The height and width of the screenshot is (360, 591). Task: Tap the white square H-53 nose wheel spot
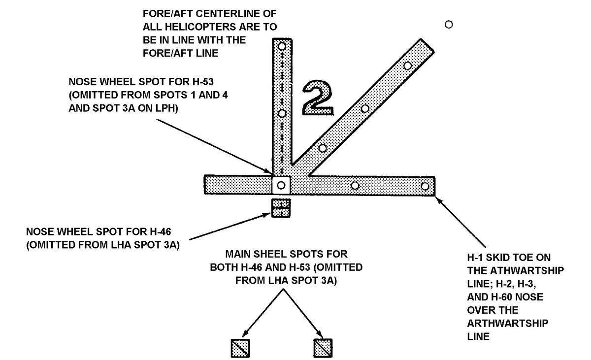281,185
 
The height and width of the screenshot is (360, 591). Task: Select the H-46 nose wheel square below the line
281,207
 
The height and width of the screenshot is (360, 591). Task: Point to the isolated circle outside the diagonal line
448,24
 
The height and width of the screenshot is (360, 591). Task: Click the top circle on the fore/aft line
282,46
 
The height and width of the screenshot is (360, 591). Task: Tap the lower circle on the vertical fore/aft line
282,113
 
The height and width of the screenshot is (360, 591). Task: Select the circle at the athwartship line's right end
425,186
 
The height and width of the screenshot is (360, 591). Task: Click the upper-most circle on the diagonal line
407,65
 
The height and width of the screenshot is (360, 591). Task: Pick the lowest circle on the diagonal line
323,148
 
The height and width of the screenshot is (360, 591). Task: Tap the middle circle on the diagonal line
365,108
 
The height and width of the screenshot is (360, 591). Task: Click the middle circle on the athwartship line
355,186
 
